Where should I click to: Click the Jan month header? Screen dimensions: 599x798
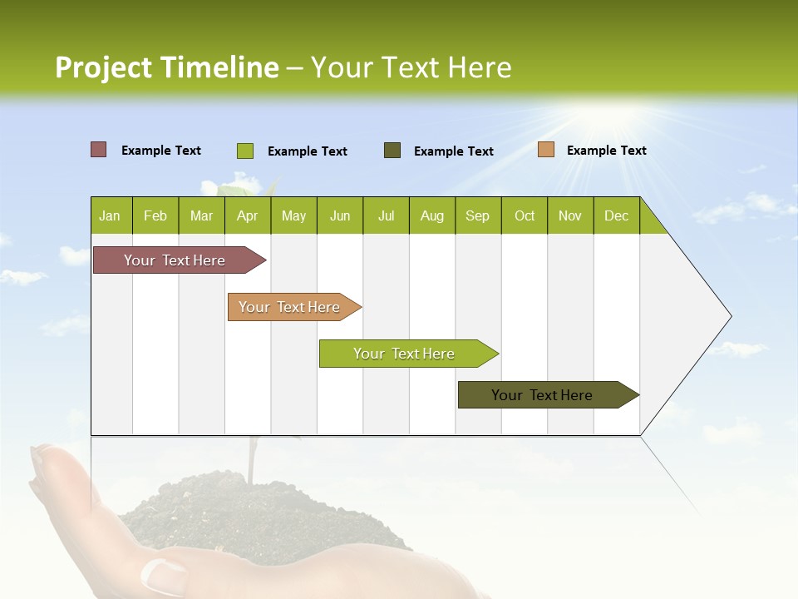pos(111,215)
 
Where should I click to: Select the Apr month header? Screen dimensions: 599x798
pos(248,215)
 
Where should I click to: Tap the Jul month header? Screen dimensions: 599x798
pos(386,215)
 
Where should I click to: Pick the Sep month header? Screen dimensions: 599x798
pos(478,215)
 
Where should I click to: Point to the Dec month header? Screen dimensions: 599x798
pos(616,215)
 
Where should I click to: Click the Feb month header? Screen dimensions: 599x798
pos(155,215)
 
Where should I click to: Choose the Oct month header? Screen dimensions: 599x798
pos(525,215)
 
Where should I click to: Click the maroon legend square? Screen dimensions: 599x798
pos(99,150)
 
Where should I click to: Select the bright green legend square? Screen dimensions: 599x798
pos(245,151)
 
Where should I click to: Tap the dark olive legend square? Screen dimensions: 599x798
pos(392,150)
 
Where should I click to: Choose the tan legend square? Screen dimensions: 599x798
pos(546,150)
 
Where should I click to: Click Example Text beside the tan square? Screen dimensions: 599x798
pos(606,151)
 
